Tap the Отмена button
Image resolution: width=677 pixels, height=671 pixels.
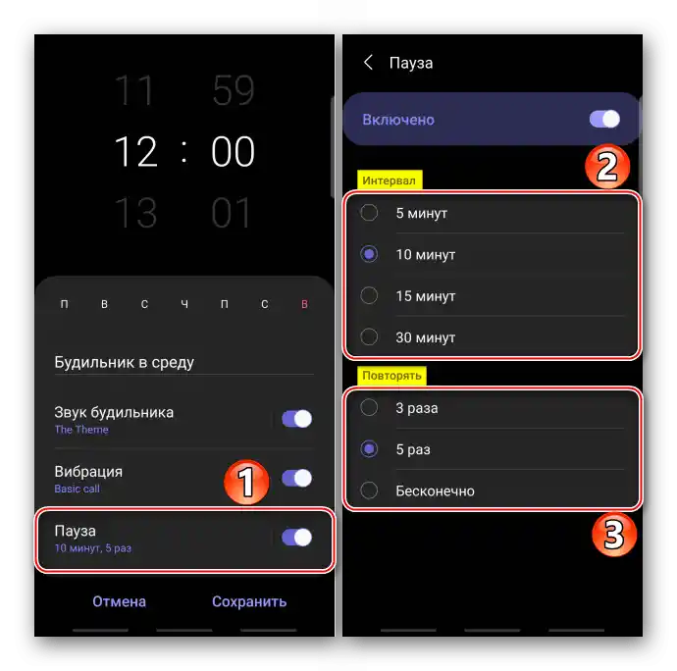[119, 601]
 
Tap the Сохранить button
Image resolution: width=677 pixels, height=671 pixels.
[249, 601]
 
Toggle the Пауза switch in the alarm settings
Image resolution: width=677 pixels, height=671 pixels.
[296, 538]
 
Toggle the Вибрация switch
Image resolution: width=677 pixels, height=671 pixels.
[296, 478]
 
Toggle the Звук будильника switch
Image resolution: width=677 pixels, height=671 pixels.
[296, 419]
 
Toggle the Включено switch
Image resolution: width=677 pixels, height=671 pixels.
[604, 119]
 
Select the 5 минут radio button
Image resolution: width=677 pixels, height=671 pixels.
[369, 213]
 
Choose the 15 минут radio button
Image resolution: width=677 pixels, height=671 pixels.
[369, 296]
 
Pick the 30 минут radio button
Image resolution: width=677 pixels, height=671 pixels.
[369, 336]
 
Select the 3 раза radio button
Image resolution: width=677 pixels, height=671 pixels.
[369, 407]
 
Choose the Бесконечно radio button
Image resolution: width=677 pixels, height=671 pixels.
[369, 490]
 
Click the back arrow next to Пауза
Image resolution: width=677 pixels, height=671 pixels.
[368, 63]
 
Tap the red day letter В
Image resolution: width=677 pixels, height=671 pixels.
[304, 304]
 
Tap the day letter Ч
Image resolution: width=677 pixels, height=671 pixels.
[184, 304]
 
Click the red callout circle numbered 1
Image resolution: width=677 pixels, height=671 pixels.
[246, 482]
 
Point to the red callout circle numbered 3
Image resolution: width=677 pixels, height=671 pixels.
[614, 535]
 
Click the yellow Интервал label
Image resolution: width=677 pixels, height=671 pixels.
[390, 181]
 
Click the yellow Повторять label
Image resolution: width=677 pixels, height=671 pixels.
[391, 375]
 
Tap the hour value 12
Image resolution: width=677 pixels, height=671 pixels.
[135, 151]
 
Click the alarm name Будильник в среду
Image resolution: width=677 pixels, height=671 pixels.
[125, 363]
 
